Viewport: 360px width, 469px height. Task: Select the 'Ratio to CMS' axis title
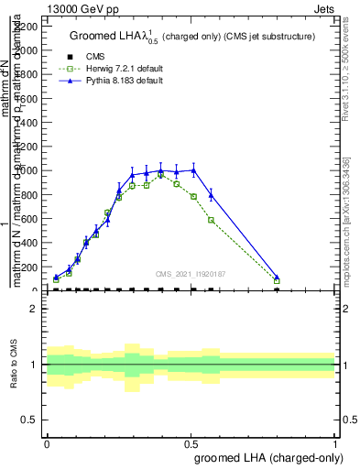(x=14, y=364)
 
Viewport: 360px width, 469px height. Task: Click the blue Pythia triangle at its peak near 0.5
(x=193, y=169)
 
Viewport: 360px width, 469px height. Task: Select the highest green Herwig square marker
(x=161, y=174)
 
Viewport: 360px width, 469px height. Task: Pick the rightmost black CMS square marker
(x=277, y=290)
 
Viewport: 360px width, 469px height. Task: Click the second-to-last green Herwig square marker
(x=212, y=220)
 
